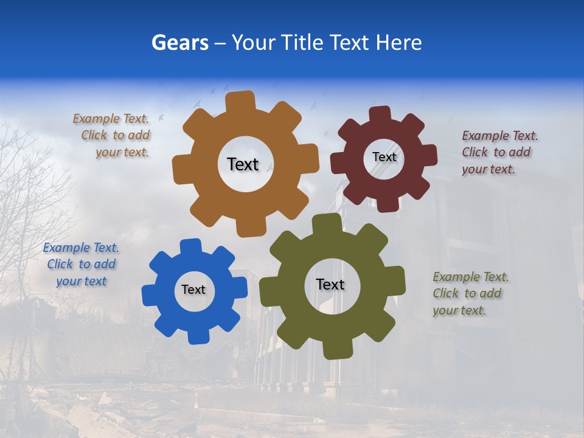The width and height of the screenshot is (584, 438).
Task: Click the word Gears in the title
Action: coord(180,43)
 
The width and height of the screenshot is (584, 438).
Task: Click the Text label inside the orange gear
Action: coord(243,164)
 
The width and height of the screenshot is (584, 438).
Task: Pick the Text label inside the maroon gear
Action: coord(384,157)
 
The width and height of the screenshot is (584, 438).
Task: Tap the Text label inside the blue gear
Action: coord(193,290)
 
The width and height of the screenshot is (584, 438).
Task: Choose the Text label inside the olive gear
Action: coord(330,285)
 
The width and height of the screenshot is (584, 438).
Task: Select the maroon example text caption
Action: coord(499,152)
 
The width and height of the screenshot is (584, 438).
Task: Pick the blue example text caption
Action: coord(81,265)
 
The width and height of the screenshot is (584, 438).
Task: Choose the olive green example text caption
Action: coord(470,293)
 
